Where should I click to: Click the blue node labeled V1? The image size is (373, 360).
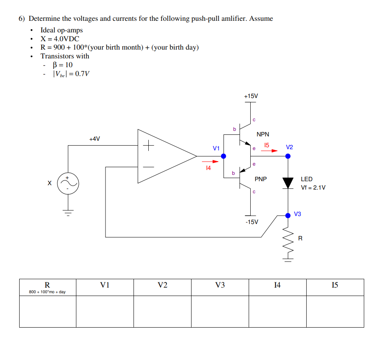tap(223, 156)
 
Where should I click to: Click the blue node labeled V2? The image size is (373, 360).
tap(288, 156)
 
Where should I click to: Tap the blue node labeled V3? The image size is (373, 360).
tap(288, 216)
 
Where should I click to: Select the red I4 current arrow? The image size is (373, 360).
tap(212, 162)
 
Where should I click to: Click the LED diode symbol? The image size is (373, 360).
tap(288, 182)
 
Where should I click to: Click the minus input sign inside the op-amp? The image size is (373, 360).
tap(148, 167)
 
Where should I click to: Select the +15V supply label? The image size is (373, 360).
tap(251, 96)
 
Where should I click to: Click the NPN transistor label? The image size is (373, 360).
tap(263, 134)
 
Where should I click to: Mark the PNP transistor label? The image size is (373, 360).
tap(261, 179)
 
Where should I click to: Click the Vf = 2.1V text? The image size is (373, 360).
tap(313, 187)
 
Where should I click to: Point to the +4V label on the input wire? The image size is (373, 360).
tap(95, 139)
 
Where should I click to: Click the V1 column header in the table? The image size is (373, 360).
tap(105, 285)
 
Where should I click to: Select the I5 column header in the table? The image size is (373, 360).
tap(335, 285)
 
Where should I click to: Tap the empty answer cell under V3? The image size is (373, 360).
tap(220, 311)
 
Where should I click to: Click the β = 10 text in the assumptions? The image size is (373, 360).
tap(63, 65)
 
